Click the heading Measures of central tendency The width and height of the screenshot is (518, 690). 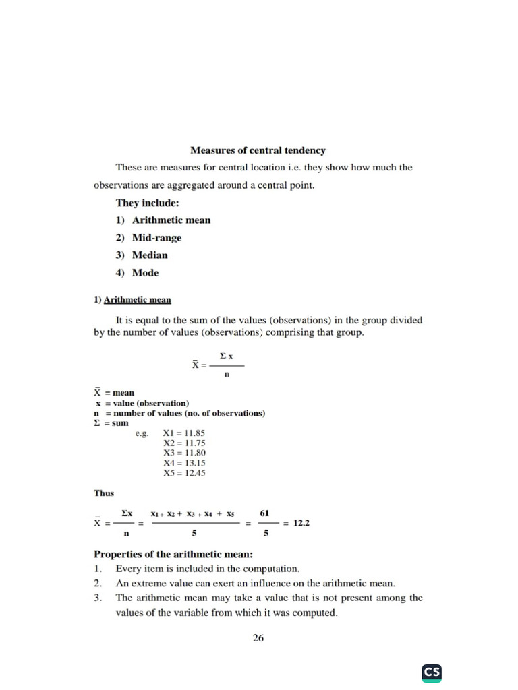(258, 150)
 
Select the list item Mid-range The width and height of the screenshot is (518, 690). (156, 238)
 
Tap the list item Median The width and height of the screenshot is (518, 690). (150, 255)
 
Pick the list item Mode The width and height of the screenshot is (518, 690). (145, 273)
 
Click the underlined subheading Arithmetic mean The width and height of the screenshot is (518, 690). (137, 300)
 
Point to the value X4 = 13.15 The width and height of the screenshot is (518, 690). (184, 463)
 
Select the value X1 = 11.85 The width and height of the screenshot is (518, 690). (184, 433)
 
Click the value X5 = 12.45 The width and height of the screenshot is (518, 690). (184, 473)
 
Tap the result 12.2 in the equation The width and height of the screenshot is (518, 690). (301, 523)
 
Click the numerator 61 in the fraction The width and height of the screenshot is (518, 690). (265, 513)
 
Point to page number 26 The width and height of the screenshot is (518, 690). (258, 638)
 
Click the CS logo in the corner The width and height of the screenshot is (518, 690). (432, 672)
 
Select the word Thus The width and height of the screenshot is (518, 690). (104, 493)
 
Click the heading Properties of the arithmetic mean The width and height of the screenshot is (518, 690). (173, 555)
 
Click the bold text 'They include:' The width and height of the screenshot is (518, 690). (146, 203)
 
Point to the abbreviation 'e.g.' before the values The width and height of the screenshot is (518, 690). (142, 433)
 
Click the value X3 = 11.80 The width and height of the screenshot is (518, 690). (184, 453)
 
